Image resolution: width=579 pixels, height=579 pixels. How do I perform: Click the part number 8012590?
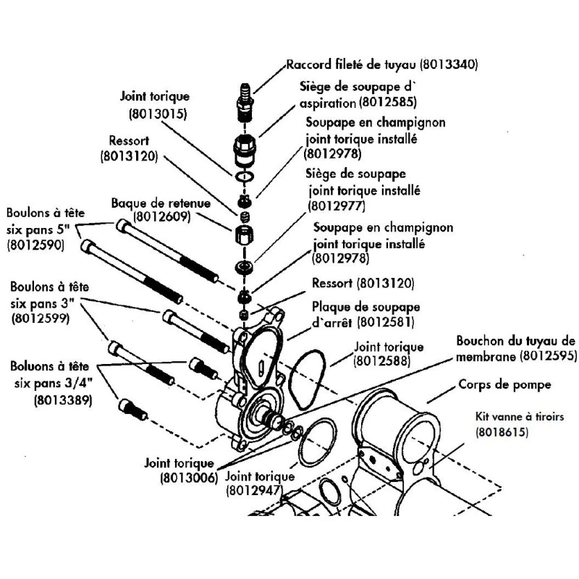(x=35, y=245)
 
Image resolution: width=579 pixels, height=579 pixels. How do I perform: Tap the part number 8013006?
(x=188, y=478)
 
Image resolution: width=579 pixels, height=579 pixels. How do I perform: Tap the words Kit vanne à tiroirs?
(x=518, y=418)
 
